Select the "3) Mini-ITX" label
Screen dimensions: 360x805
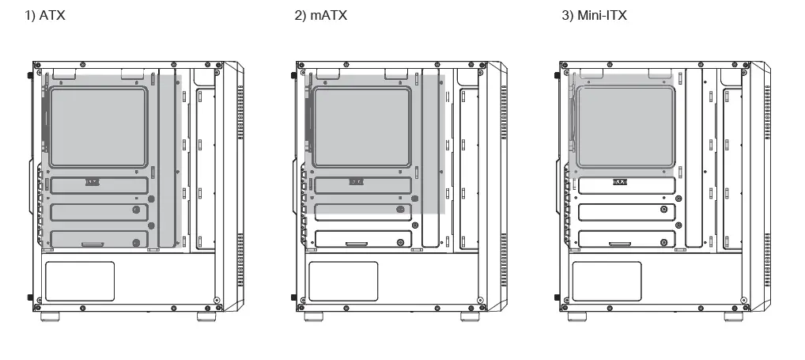[594, 16]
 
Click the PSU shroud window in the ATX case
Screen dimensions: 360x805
[80, 280]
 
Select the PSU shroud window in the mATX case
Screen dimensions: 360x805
[342, 280]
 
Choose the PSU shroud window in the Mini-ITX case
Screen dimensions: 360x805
[606, 280]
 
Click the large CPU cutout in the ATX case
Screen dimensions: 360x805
[98, 127]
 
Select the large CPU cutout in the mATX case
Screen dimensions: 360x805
[361, 127]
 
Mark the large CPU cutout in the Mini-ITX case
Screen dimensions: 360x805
[625, 127]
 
